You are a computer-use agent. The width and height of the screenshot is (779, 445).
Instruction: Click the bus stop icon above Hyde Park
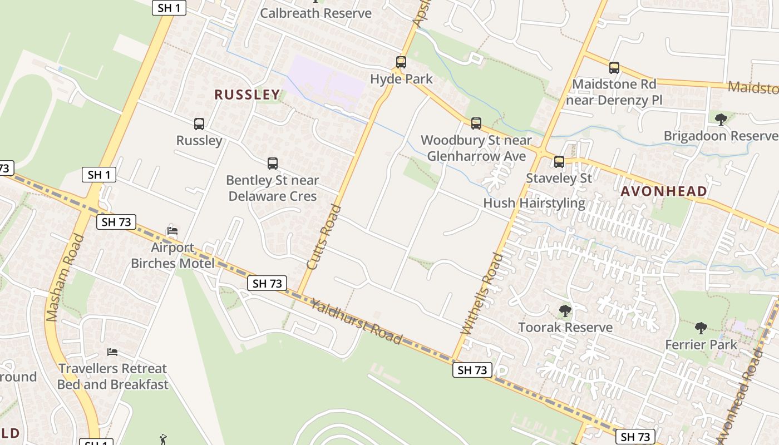coord(401,62)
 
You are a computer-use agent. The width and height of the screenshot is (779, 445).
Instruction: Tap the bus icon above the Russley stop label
coord(199,123)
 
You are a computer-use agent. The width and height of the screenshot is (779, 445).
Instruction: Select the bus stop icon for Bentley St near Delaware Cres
coord(273,163)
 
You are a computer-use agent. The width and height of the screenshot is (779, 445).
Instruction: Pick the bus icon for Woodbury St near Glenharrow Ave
coord(476,123)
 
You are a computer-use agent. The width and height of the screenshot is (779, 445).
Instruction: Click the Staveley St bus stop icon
coord(559,162)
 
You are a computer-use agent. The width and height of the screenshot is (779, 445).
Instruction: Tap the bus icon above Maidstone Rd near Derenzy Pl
coord(614,67)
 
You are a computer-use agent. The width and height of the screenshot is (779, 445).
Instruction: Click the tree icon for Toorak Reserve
coord(565,310)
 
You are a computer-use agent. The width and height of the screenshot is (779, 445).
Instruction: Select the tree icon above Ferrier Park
coord(701,328)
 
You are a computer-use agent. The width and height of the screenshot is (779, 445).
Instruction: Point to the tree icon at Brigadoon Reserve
coord(721,118)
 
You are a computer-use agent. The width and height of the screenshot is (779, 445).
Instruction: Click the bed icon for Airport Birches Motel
coord(172,230)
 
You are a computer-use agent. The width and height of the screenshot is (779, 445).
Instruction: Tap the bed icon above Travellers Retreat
coord(112,352)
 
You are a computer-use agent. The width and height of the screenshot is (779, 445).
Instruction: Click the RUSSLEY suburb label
coord(247,95)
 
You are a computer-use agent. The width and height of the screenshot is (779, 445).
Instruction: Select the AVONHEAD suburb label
coord(664,191)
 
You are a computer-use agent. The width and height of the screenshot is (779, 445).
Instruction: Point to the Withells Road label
coord(482,293)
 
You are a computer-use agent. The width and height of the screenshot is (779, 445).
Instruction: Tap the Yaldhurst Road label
coord(356,322)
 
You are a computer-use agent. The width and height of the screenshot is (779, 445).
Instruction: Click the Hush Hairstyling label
coord(534,203)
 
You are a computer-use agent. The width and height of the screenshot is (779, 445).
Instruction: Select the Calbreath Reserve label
coord(315,13)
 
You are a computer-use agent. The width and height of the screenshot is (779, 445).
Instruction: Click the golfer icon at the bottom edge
coord(163,439)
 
